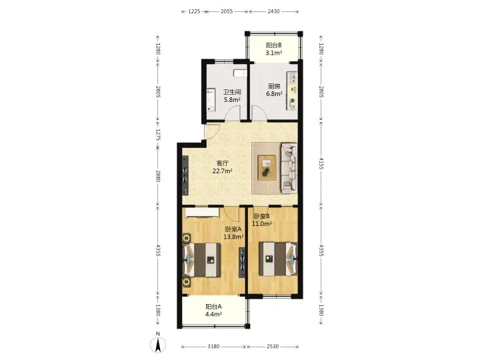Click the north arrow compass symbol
[x=158, y=345]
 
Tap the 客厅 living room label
[x=222, y=163]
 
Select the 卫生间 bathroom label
[x=232, y=92]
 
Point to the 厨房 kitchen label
[x=274, y=86]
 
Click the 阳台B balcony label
[x=274, y=45]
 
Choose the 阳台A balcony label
[x=213, y=307]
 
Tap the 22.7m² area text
[x=222, y=171]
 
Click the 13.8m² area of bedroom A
[x=233, y=237]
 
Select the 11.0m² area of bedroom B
[x=262, y=224]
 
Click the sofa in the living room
[x=289, y=168]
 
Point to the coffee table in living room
[x=267, y=168]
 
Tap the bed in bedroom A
[x=202, y=260]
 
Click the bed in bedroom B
[x=278, y=259]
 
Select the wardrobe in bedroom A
[x=203, y=213]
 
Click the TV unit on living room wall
[x=185, y=175]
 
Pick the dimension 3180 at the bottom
[x=213, y=347]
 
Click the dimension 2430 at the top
[x=273, y=11]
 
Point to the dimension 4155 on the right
[x=321, y=163]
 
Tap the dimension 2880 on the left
[x=157, y=176]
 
